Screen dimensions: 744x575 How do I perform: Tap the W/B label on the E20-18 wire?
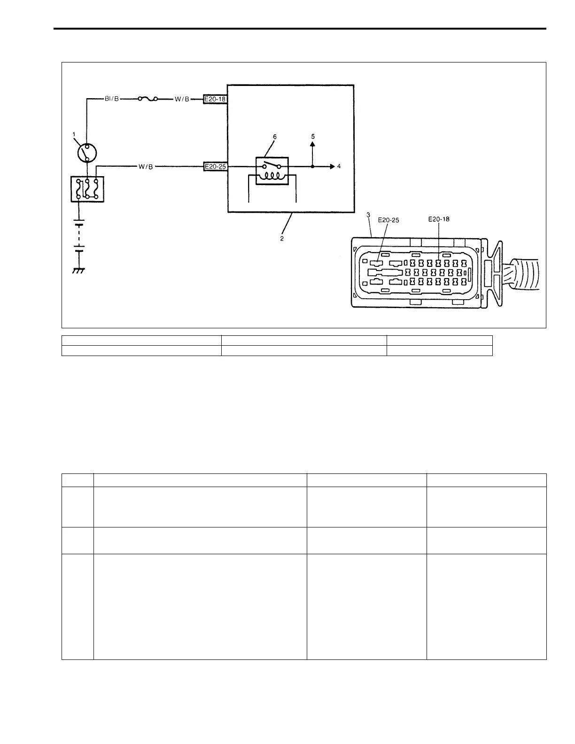pyautogui.click(x=181, y=100)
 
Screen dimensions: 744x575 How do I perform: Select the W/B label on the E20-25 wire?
pyautogui.click(x=145, y=167)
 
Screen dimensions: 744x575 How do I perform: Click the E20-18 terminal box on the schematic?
pyautogui.click(x=215, y=100)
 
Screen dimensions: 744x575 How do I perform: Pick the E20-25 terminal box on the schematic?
pyautogui.click(x=215, y=167)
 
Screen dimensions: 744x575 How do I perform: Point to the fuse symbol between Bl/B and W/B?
pyautogui.click(x=147, y=99)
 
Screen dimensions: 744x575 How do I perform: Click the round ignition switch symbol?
pyautogui.click(x=87, y=153)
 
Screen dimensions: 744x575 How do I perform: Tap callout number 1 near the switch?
pyautogui.click(x=74, y=134)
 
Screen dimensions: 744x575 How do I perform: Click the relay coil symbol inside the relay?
pyautogui.click(x=272, y=176)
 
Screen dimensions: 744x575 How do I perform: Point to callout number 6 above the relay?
pyautogui.click(x=275, y=137)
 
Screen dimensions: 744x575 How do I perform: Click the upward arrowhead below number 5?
pyautogui.click(x=312, y=144)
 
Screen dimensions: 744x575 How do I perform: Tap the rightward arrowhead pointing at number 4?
pyautogui.click(x=332, y=166)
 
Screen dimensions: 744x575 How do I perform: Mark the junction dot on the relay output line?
pyautogui.click(x=312, y=167)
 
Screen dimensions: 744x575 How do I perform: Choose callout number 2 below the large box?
pyautogui.click(x=282, y=238)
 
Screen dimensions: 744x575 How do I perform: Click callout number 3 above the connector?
pyautogui.click(x=368, y=216)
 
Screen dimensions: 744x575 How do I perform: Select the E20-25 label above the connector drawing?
pyautogui.click(x=389, y=220)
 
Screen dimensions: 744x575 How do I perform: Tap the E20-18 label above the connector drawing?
pyautogui.click(x=439, y=218)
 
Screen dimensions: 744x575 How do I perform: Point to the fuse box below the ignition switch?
pyautogui.click(x=87, y=189)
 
